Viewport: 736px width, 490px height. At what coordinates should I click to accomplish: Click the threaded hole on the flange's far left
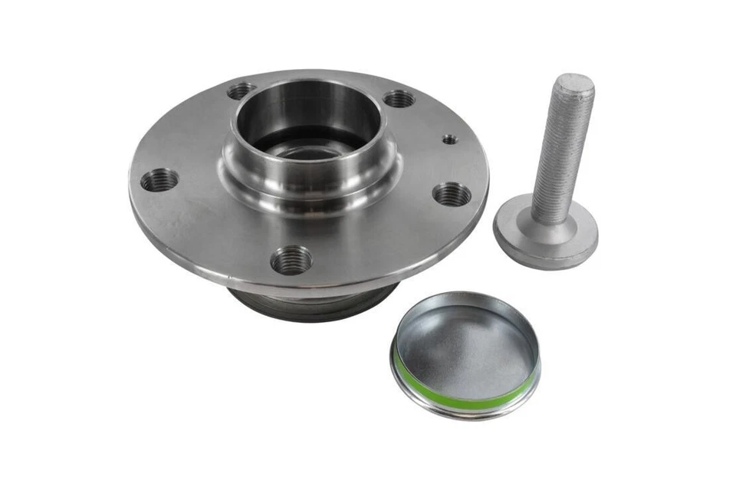pyautogui.click(x=159, y=180)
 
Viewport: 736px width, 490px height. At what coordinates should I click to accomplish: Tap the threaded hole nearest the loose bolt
pyautogui.click(x=452, y=195)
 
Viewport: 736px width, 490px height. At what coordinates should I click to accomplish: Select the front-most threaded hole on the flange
pyautogui.click(x=291, y=260)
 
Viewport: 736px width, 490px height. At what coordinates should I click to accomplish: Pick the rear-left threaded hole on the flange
pyautogui.click(x=241, y=90)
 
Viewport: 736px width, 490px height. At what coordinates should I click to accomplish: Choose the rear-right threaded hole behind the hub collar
pyautogui.click(x=399, y=98)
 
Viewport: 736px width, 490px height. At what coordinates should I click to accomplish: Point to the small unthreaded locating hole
pyautogui.click(x=449, y=139)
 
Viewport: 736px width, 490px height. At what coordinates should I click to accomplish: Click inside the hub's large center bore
pyautogui.click(x=307, y=142)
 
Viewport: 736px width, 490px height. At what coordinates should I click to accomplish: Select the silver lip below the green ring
pyautogui.click(x=460, y=412)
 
